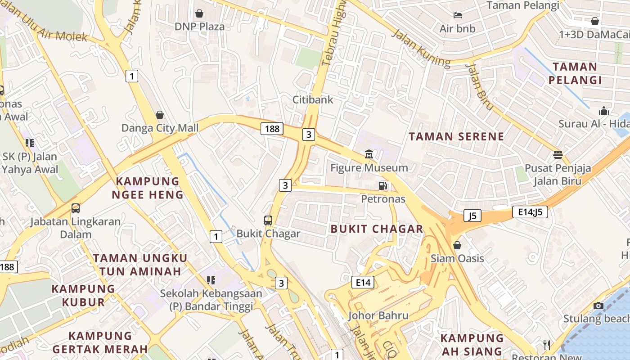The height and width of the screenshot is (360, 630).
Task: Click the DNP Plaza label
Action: tap(199, 27)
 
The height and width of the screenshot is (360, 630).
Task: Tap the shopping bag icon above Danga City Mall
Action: tap(159, 115)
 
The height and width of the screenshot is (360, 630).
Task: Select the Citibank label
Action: tap(313, 99)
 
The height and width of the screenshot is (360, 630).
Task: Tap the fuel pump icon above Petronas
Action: tap(383, 186)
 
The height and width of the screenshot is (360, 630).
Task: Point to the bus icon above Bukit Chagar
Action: tap(268, 220)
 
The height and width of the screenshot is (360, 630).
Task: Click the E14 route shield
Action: tap(363, 283)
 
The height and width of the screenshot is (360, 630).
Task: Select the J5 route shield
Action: tap(472, 216)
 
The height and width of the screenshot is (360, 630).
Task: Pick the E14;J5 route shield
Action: tap(530, 212)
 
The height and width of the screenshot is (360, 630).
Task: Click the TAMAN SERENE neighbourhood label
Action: tap(456, 136)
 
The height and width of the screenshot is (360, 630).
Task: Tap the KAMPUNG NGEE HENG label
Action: tap(148, 188)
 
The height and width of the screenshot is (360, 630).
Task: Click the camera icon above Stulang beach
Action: tap(598, 306)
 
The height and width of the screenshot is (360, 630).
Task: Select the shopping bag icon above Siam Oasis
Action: tap(457, 245)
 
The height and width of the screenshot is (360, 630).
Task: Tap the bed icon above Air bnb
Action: tap(458, 15)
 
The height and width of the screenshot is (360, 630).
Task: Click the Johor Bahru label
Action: tap(378, 315)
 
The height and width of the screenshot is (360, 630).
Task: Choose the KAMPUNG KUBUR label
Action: tap(83, 295)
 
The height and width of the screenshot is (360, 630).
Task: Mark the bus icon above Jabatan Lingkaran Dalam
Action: tap(76, 208)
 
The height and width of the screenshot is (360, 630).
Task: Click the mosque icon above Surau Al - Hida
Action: tap(603, 111)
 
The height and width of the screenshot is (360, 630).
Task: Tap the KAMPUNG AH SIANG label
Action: tap(472, 345)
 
